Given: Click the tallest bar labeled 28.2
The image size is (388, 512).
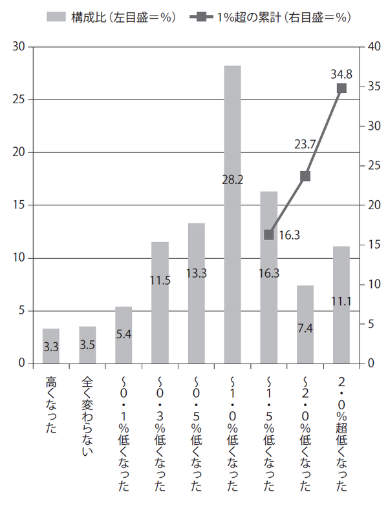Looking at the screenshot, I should [x=233, y=214].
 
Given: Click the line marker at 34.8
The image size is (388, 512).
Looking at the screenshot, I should [x=341, y=88].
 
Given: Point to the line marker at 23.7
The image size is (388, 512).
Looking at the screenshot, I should [x=305, y=176].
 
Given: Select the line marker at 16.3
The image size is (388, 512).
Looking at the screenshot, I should [x=269, y=234].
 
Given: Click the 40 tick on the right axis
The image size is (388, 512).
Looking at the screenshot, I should [x=371, y=46].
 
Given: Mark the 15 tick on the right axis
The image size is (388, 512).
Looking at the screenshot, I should [x=371, y=245].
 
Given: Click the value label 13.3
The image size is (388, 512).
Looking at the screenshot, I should [x=197, y=273].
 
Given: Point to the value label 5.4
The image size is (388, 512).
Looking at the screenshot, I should [x=124, y=334].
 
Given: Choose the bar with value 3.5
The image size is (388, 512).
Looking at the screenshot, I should [x=87, y=345].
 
